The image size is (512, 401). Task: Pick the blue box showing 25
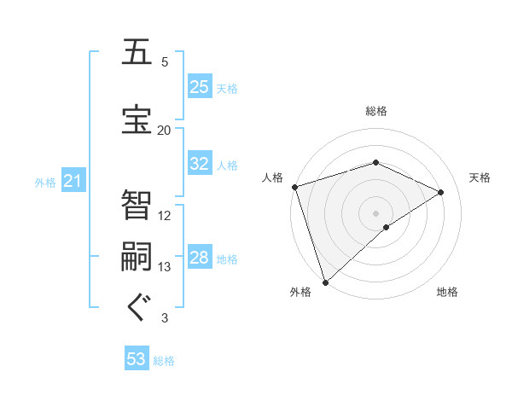200,87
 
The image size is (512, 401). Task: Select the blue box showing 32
200,165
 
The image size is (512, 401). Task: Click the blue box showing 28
200,259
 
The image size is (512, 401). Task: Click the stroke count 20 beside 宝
165,130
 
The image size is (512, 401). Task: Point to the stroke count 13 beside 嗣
165,267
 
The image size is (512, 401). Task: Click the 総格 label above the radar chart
376,111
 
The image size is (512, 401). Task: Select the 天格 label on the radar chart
480,177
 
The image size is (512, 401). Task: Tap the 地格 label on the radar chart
447,293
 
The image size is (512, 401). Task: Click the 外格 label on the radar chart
300,293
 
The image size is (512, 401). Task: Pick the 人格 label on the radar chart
272,177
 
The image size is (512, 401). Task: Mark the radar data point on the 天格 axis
441,192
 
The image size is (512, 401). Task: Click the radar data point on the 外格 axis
325,282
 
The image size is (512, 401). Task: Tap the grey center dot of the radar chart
375,212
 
